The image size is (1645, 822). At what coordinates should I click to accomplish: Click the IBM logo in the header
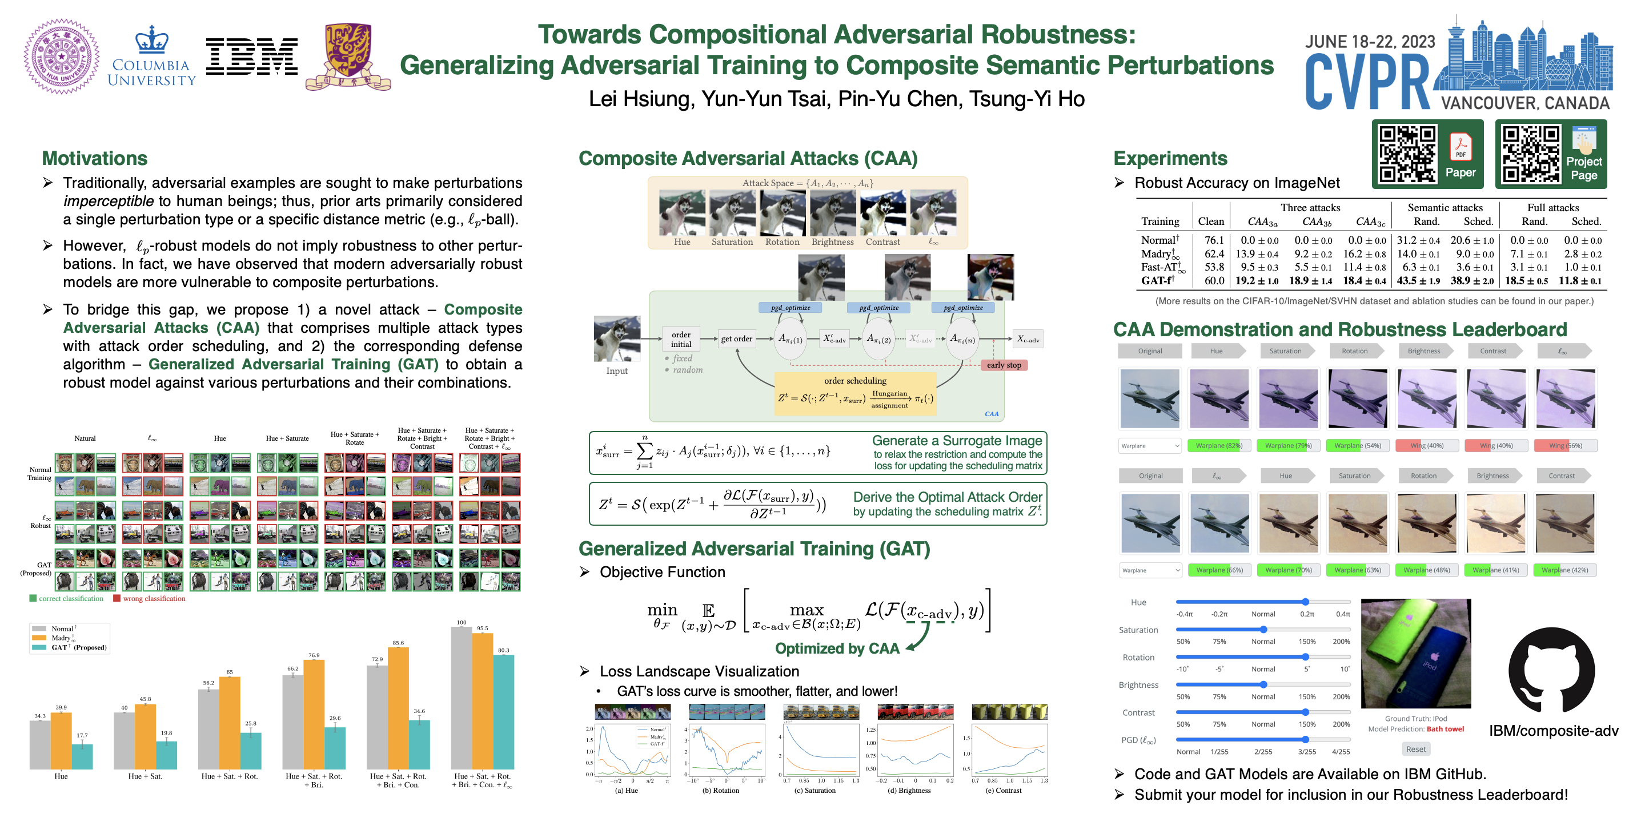(251, 56)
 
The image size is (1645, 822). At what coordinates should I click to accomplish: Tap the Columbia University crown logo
(151, 40)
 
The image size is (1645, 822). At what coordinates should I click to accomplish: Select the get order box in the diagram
(736, 339)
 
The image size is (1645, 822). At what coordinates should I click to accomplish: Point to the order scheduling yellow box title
(854, 380)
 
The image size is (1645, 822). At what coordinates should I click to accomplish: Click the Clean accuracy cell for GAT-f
(1213, 281)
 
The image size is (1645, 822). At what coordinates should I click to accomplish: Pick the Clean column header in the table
(1211, 221)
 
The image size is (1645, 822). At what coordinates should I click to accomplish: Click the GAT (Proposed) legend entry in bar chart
(70, 647)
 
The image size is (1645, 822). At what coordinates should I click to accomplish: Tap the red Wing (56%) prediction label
(1565, 445)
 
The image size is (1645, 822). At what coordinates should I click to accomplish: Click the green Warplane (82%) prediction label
(1218, 445)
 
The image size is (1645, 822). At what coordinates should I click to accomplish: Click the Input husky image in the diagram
(616, 339)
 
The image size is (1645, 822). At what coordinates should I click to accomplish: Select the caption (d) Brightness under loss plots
(914, 790)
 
